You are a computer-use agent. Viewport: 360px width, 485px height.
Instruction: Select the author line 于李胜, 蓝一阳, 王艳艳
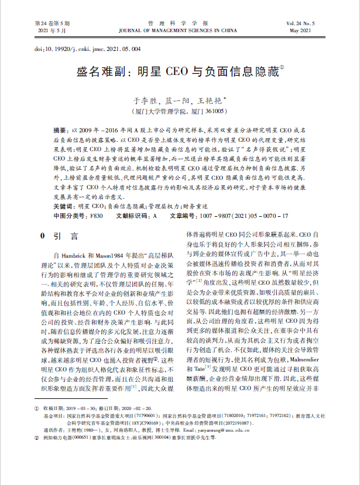(180, 100)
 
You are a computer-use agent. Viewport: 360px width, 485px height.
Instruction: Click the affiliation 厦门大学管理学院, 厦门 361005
(180, 110)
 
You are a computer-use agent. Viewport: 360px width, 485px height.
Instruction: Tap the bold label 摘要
(60, 128)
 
